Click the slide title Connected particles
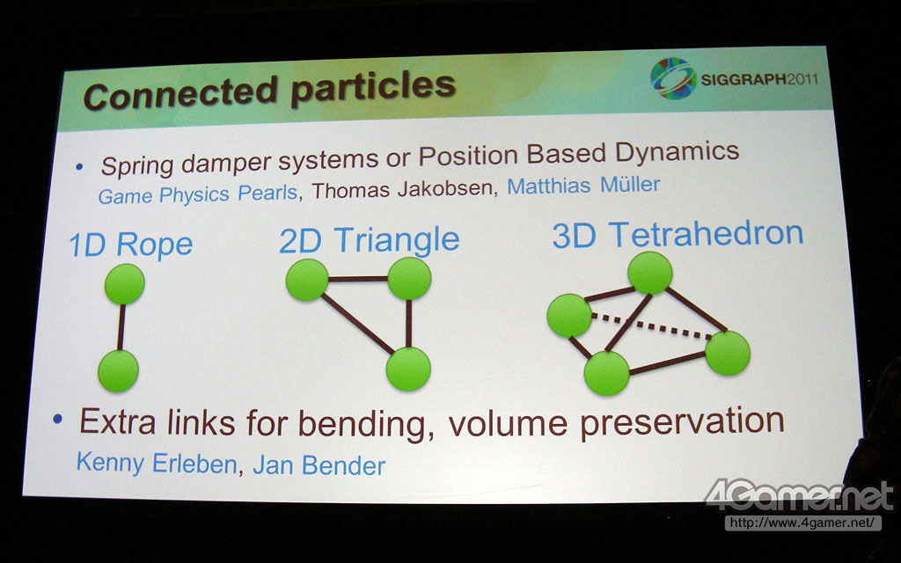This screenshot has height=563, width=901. (269, 90)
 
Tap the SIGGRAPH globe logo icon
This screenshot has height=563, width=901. (673, 78)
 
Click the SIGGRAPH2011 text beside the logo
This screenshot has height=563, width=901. (759, 79)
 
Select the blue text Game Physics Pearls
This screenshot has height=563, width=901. (198, 194)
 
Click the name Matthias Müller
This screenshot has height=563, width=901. (583, 186)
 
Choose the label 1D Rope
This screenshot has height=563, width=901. (131, 245)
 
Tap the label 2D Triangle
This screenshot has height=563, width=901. (369, 240)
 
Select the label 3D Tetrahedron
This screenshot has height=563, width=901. (678, 234)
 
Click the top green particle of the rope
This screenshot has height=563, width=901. (125, 284)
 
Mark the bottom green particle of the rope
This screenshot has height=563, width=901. (119, 370)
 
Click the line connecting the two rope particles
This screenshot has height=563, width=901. (121, 327)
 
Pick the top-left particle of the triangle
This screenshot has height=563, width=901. (307, 280)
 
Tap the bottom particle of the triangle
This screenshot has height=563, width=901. (408, 369)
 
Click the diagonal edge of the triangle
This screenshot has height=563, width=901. (357, 324)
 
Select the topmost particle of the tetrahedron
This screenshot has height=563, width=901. (650, 273)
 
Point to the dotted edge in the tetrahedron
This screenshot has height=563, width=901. (652, 325)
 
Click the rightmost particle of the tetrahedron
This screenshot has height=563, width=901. (728, 353)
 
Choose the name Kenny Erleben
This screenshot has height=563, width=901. (157, 463)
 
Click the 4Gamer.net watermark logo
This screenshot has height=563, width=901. (799, 496)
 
